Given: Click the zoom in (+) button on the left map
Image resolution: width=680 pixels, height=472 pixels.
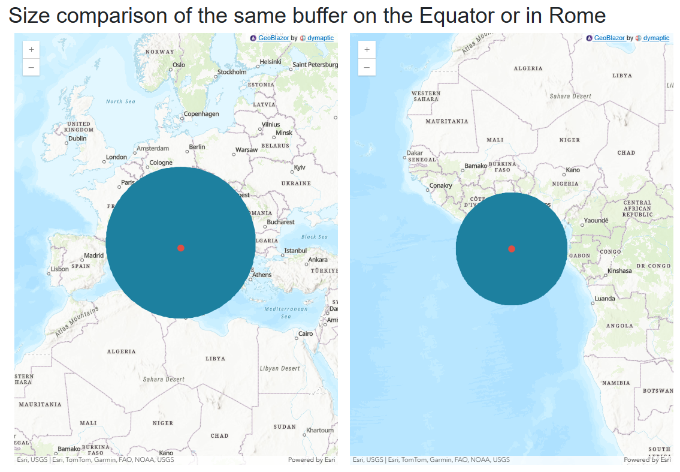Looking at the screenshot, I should tap(31, 50).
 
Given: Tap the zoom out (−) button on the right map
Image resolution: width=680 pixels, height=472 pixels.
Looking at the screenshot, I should tap(367, 68).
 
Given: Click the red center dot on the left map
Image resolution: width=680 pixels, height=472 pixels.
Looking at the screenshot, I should tap(181, 248).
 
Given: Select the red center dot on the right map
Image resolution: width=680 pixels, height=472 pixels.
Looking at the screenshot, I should tap(511, 249).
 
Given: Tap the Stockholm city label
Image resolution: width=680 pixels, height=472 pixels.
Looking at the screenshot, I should tap(232, 72).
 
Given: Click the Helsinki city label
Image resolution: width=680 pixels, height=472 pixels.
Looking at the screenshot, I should tap(271, 62).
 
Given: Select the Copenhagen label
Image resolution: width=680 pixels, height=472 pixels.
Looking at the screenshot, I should tap(201, 114).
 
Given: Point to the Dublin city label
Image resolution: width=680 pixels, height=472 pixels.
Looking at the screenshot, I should tap(77, 139).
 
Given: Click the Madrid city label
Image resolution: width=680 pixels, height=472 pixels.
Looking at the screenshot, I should tap(94, 255).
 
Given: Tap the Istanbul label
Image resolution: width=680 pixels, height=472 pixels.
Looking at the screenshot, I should tap(295, 251).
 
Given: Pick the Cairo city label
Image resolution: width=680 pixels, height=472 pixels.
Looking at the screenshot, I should tap(306, 333).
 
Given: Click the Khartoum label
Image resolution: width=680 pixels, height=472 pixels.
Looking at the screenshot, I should tap(320, 430).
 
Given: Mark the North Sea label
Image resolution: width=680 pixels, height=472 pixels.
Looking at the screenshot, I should tap(120, 101).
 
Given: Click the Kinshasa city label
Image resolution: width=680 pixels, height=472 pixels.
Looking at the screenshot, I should tap(619, 270).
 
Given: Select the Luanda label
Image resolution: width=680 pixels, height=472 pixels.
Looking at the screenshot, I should tap(605, 299).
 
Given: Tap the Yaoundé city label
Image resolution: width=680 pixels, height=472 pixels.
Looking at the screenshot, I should tap(596, 221).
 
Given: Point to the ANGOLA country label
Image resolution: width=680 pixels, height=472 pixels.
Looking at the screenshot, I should tap(619, 326).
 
